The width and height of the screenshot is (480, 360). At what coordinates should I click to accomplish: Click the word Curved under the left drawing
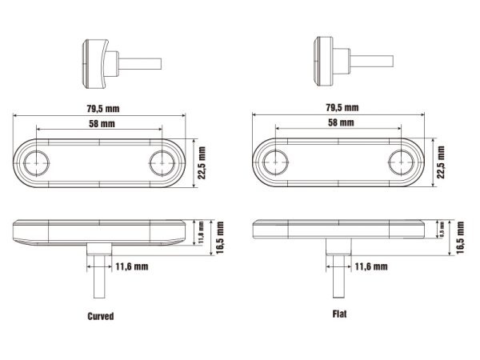[100, 316]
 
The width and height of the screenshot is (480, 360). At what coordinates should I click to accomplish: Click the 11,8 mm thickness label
[202, 231]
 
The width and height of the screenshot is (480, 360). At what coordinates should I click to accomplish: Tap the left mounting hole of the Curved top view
[37, 163]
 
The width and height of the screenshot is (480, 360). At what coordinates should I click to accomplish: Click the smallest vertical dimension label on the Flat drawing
[443, 230]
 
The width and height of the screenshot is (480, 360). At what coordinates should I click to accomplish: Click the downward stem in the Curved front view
[97, 276]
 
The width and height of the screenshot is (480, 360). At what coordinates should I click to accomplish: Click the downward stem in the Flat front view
[335, 276]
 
